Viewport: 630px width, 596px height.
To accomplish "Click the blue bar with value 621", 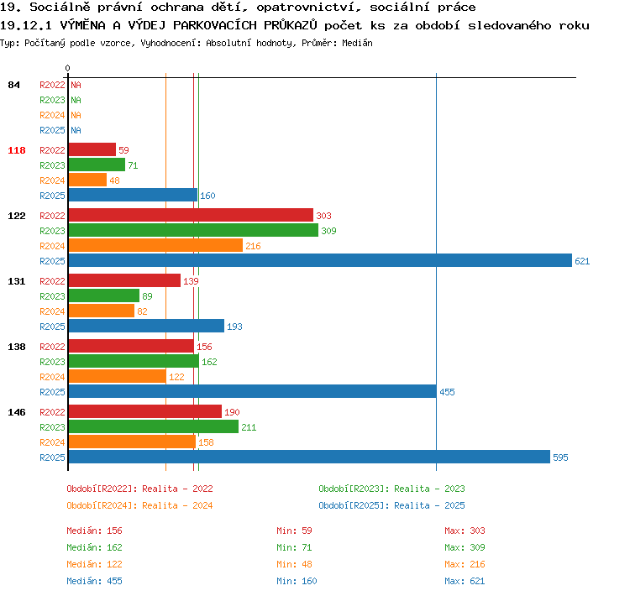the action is [320, 260].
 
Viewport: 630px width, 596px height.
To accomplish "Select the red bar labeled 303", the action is [191, 215].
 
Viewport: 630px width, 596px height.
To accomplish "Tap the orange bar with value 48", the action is [87, 180].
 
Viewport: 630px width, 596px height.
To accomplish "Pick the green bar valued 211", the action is [154, 426].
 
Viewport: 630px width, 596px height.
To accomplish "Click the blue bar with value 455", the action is [253, 391].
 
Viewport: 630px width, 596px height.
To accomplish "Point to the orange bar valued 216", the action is [155, 245].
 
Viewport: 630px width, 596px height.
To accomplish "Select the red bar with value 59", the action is [92, 149].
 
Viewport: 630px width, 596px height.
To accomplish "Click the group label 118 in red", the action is [17, 150].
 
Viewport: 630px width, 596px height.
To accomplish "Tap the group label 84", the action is [13, 85].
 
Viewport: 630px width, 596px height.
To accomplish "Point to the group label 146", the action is [17, 412].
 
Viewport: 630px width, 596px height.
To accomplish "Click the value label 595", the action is [560, 457].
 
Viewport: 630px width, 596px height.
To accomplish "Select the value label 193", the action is [234, 327].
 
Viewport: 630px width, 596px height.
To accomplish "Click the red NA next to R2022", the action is [76, 85].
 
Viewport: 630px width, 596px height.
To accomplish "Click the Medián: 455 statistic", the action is [94, 581].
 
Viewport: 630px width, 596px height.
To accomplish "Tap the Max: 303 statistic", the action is [465, 531].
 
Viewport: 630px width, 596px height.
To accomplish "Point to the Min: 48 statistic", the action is [294, 564].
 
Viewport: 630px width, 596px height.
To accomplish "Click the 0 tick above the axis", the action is [67, 68].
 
